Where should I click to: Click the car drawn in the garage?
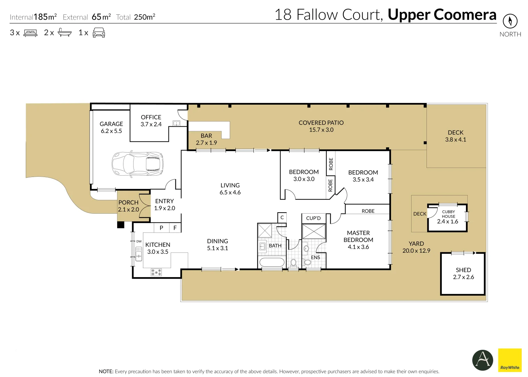[137, 163]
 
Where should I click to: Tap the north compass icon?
[510, 21]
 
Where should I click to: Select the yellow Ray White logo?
[510, 360]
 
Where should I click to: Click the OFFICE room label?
[151, 117]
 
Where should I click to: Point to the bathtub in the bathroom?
[272, 263]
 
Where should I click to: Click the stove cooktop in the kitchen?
[156, 272]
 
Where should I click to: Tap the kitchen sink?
[138, 254]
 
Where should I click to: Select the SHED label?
[463, 270]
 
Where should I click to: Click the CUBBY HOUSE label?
[448, 214]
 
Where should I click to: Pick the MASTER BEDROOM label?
[358, 236]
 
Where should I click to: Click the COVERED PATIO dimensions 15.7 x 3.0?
[321, 130]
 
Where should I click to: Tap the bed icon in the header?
[30, 33]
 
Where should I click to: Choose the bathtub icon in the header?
[65, 33]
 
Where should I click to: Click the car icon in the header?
[99, 33]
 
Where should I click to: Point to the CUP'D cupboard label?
[313, 218]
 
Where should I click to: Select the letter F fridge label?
[175, 228]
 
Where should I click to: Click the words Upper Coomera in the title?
[442, 15]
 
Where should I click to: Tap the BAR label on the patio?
[206, 136]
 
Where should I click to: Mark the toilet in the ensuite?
[307, 262]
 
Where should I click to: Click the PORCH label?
[128, 202]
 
